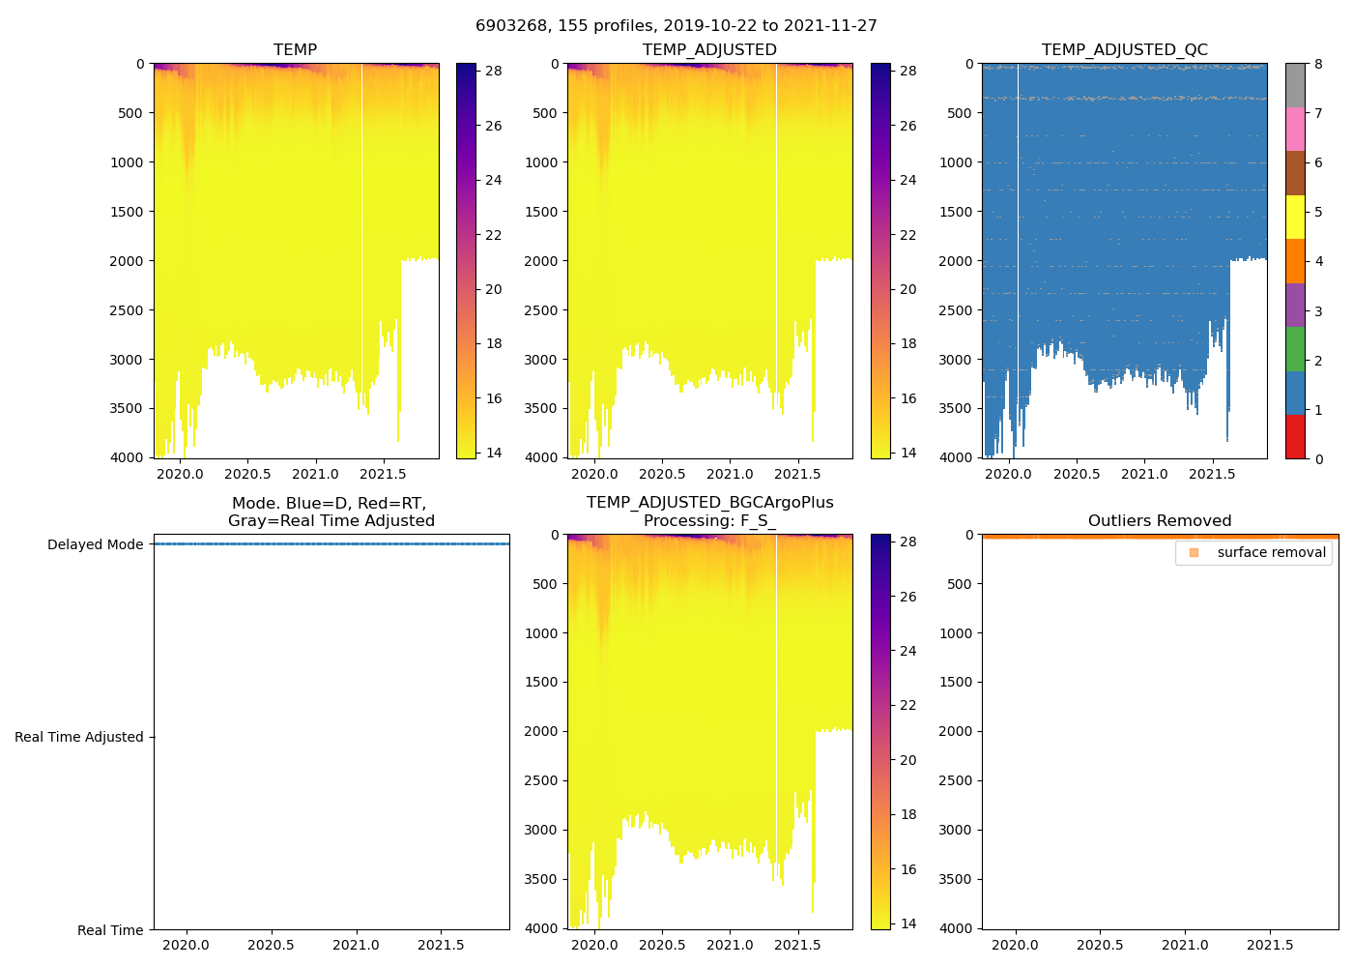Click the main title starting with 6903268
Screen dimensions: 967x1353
coord(676,26)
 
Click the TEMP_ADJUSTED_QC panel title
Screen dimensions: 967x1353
coord(1124,50)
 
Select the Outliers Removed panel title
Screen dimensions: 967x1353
coord(1160,521)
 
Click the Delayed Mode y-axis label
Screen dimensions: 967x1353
coord(95,544)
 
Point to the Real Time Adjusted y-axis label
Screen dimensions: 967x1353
coord(78,737)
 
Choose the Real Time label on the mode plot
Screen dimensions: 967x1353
coord(110,930)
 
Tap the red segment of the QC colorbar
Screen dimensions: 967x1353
coord(1295,436)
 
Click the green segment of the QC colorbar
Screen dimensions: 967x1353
coord(1295,348)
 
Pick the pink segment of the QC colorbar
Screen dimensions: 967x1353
coord(1295,129)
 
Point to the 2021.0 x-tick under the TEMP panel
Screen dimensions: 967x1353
coord(316,474)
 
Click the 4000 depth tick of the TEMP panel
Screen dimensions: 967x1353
coord(126,457)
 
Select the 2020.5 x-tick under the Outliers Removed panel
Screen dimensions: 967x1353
coord(1100,945)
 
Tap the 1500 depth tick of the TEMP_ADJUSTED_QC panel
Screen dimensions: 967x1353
coord(956,212)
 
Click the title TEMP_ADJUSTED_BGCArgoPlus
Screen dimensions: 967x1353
coord(709,503)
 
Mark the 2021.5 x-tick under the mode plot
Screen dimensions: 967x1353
coord(442,945)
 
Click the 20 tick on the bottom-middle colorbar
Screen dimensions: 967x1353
coord(908,760)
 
